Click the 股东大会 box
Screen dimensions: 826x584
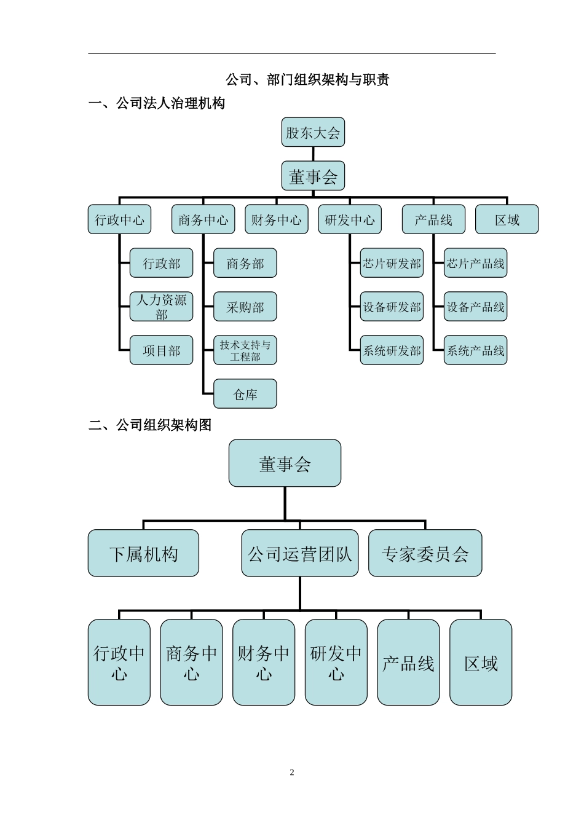313,132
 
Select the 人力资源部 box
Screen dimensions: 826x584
161,307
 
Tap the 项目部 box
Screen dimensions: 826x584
161,350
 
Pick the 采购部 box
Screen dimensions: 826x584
245,307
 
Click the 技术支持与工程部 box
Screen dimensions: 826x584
245,350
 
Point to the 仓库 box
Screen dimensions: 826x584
245,394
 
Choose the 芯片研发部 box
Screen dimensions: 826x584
392,263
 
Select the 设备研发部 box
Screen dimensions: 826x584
392,307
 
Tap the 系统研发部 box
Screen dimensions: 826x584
392,350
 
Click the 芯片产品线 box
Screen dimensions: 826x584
475,263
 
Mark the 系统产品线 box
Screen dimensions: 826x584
475,350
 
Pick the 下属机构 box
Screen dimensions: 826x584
143,553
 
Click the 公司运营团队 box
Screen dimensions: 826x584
299,553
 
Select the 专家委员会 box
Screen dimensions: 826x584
425,553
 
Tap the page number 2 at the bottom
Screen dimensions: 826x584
292,773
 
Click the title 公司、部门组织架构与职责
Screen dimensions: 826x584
307,79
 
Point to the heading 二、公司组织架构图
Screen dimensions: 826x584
150,425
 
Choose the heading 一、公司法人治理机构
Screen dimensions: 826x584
157,103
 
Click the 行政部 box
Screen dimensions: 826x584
161,263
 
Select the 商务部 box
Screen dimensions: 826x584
245,263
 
